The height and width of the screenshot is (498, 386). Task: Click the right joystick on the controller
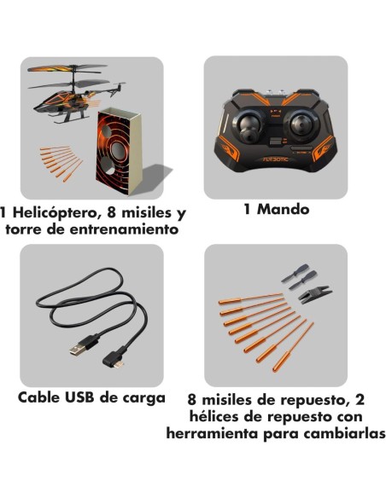(301, 125)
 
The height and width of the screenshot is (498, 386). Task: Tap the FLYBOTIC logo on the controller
(276, 159)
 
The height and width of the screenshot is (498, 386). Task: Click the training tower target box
(120, 151)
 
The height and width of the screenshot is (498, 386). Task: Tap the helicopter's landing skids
(67, 119)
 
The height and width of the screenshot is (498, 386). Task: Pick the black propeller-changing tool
(315, 294)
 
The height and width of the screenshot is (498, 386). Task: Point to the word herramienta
(213, 433)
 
